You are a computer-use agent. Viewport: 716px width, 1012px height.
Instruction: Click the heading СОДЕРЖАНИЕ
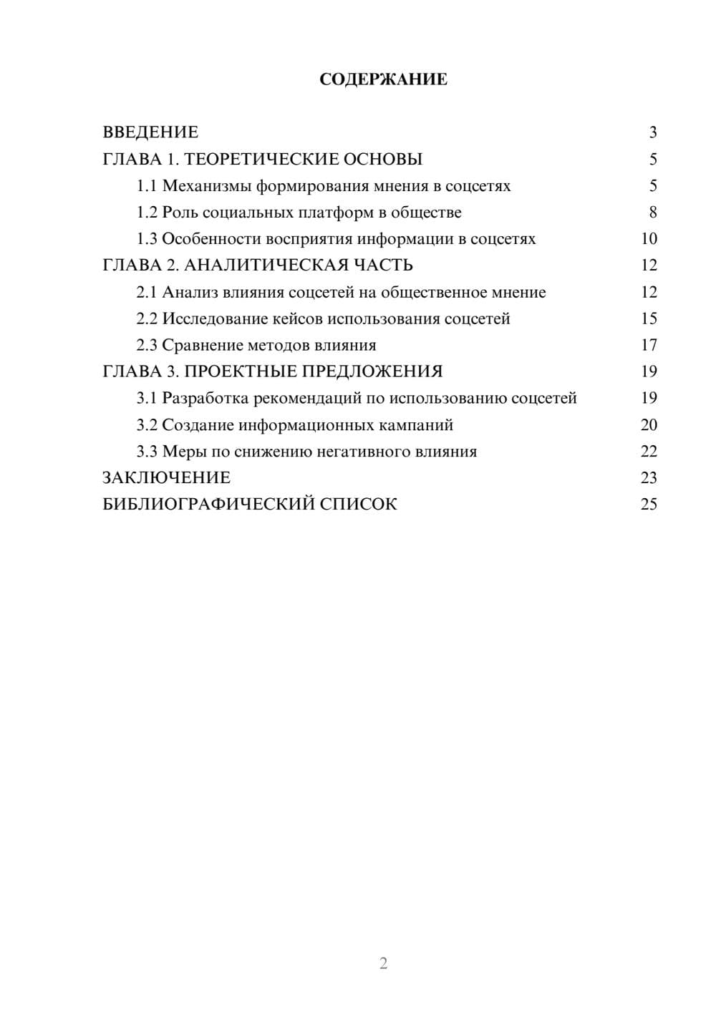tap(383, 79)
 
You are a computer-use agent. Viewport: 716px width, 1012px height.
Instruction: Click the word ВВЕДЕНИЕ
tap(150, 132)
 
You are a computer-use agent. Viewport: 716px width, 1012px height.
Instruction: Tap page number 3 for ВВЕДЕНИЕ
tap(652, 132)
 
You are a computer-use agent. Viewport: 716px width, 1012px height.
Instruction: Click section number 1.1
tap(147, 186)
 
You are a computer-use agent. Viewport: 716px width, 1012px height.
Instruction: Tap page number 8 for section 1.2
tap(652, 213)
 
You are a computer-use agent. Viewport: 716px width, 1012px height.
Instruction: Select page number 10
tap(649, 239)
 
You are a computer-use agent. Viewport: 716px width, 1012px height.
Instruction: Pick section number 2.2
tap(147, 318)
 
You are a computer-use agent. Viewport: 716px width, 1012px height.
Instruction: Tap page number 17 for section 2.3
tap(649, 345)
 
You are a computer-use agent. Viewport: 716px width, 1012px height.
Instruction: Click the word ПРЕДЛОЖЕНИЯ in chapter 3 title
tap(372, 371)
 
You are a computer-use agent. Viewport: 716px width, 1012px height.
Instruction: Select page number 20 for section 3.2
tap(649, 424)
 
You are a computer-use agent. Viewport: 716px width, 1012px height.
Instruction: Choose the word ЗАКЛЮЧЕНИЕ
tap(167, 477)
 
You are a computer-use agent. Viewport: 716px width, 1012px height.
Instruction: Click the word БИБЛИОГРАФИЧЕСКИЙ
tap(208, 504)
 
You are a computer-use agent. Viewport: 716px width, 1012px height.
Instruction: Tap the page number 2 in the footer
tap(383, 963)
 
